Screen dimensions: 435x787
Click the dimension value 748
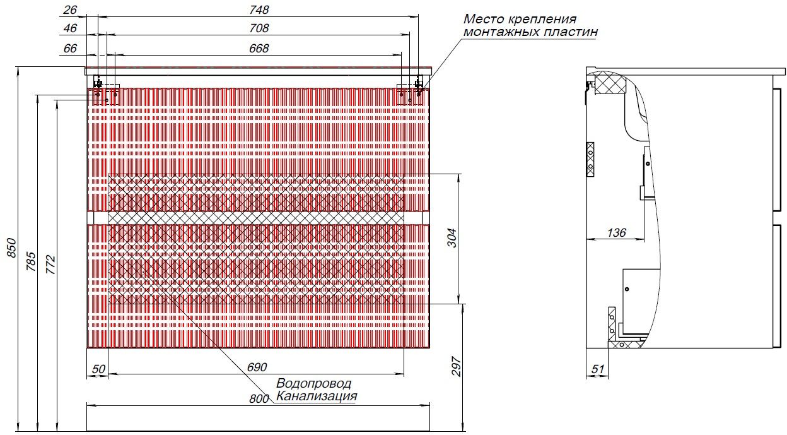pyautogui.click(x=259, y=9)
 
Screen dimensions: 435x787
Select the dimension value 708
pyautogui.click(x=259, y=28)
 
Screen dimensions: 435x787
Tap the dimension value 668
pyautogui.click(x=259, y=48)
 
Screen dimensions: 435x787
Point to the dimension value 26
pyautogui.click(x=71, y=9)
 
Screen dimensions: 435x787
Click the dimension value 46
pyautogui.click(x=71, y=28)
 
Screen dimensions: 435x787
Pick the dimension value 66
pyautogui.click(x=71, y=48)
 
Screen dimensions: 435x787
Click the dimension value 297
pyautogui.click(x=458, y=367)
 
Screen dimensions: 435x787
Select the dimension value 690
pyautogui.click(x=257, y=367)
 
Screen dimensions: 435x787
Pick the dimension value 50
pyautogui.click(x=98, y=368)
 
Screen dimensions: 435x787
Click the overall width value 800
pyautogui.click(x=258, y=399)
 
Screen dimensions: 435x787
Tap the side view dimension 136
pyautogui.click(x=616, y=233)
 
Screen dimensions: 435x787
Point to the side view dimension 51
pyautogui.click(x=597, y=369)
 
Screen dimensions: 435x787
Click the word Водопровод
pyautogui.click(x=313, y=384)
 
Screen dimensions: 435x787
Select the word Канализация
pyautogui.click(x=317, y=397)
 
